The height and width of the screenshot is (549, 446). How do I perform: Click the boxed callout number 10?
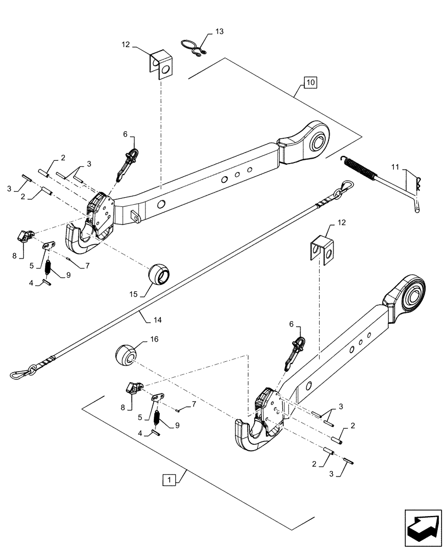[310, 83]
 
